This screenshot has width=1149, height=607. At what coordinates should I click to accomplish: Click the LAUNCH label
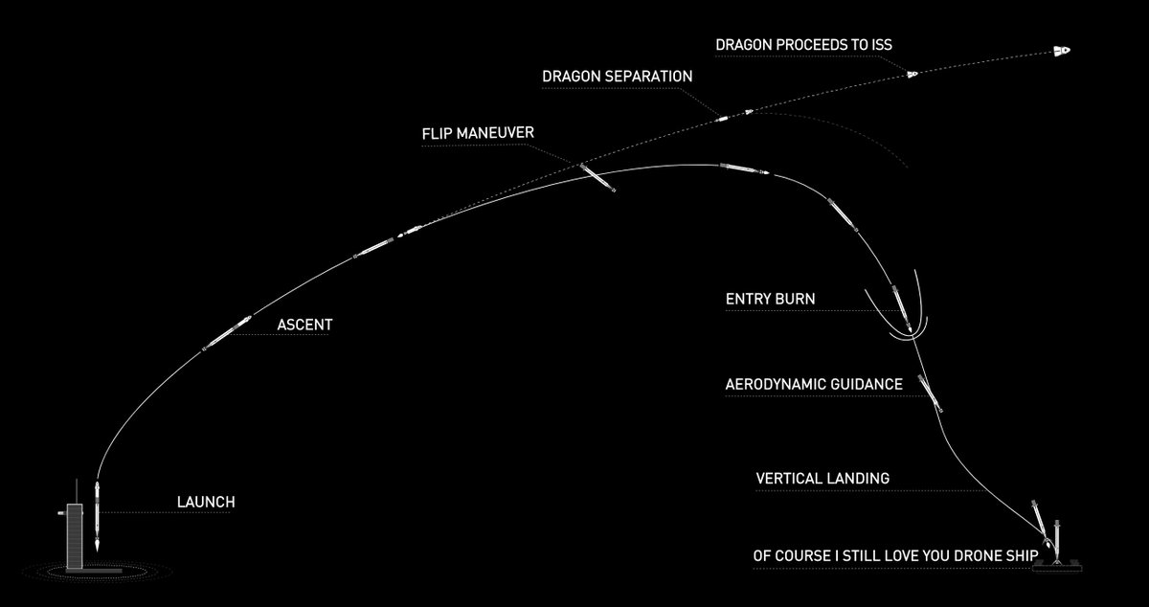pyautogui.click(x=206, y=502)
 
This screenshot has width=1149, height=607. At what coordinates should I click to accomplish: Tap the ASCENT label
pyautogui.click(x=304, y=326)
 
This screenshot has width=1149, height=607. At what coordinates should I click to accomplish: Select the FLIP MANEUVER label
pyautogui.click(x=478, y=133)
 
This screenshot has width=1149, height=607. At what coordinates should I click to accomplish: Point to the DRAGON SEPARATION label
pyautogui.click(x=617, y=76)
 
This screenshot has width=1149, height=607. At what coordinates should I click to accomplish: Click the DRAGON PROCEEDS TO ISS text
pyautogui.click(x=804, y=45)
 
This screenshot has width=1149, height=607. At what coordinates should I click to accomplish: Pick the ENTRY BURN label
pyautogui.click(x=771, y=300)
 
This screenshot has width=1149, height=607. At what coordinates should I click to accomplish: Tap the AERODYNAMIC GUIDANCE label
pyautogui.click(x=814, y=385)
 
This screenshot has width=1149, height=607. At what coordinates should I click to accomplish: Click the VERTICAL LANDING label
pyautogui.click(x=822, y=478)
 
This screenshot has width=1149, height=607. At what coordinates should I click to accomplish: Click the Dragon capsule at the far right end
pyautogui.click(x=1061, y=51)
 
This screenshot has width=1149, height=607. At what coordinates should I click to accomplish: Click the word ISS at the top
pyautogui.click(x=879, y=45)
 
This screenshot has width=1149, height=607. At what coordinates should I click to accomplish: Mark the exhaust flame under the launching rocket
pyautogui.click(x=100, y=546)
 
